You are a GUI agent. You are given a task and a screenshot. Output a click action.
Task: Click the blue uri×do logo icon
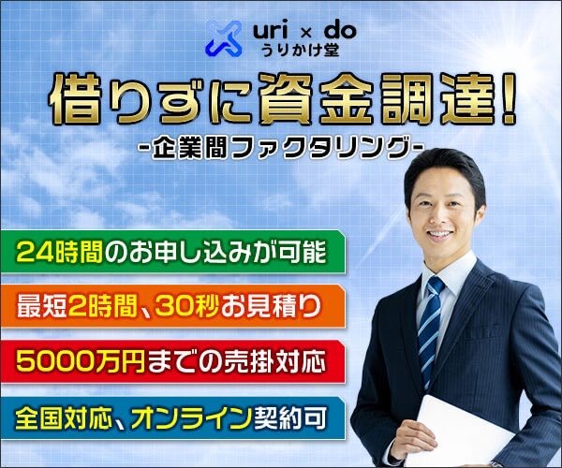[224, 38]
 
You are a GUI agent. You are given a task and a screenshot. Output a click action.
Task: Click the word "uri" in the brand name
[271, 31]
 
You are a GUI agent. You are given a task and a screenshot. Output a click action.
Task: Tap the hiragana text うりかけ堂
[300, 50]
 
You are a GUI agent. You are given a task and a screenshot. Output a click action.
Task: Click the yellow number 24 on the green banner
[35, 252]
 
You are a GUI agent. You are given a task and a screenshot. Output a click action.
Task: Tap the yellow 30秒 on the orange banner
[186, 306]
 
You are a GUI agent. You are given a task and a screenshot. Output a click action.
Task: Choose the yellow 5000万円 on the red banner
[81, 361]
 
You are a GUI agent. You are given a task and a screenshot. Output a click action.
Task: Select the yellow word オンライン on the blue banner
[190, 417]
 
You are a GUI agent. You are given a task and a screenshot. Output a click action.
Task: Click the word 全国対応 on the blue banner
[64, 417]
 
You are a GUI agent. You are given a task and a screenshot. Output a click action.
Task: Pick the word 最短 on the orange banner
[41, 306]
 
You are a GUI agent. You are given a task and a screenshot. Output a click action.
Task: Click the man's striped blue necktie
[430, 329]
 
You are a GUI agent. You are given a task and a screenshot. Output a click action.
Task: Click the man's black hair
[444, 168]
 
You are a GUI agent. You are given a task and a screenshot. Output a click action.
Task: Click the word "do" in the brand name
[340, 31]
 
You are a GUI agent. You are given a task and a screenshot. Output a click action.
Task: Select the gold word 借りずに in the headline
[154, 98]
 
